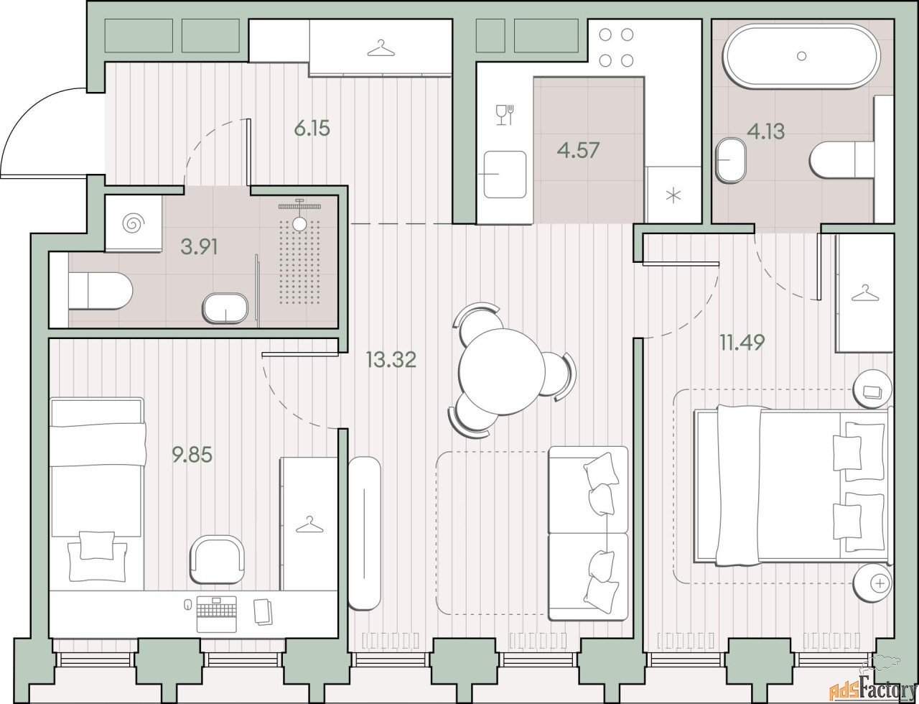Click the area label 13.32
point(391,360)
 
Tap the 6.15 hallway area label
point(312,128)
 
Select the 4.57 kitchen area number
point(578,150)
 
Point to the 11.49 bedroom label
point(742,342)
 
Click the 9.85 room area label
point(192,455)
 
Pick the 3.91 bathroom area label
point(199,246)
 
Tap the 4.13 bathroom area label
point(766,131)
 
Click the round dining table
point(502,371)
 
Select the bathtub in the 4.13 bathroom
point(802,56)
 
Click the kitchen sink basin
point(505,175)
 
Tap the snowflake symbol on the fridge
point(673,196)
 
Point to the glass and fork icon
point(505,115)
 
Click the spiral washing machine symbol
point(134,223)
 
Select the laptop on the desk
point(217,615)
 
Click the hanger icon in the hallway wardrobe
point(381,48)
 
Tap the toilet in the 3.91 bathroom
point(101,291)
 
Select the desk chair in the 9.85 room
point(218,560)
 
